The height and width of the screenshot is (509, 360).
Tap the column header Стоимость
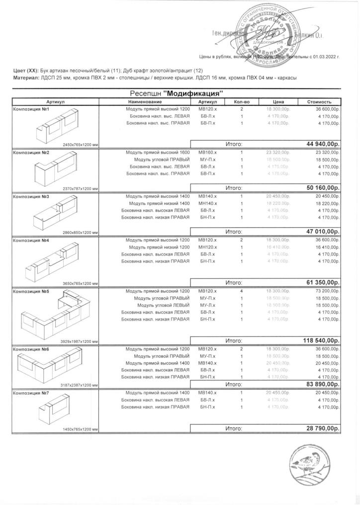319,102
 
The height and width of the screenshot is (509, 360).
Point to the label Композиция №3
31,197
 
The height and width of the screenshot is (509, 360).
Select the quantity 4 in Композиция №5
241,291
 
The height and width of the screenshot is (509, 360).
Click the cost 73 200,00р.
324,291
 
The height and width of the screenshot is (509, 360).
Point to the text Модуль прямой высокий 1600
158,152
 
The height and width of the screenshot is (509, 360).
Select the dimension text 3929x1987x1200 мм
79,341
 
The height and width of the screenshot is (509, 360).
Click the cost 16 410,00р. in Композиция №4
324,247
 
